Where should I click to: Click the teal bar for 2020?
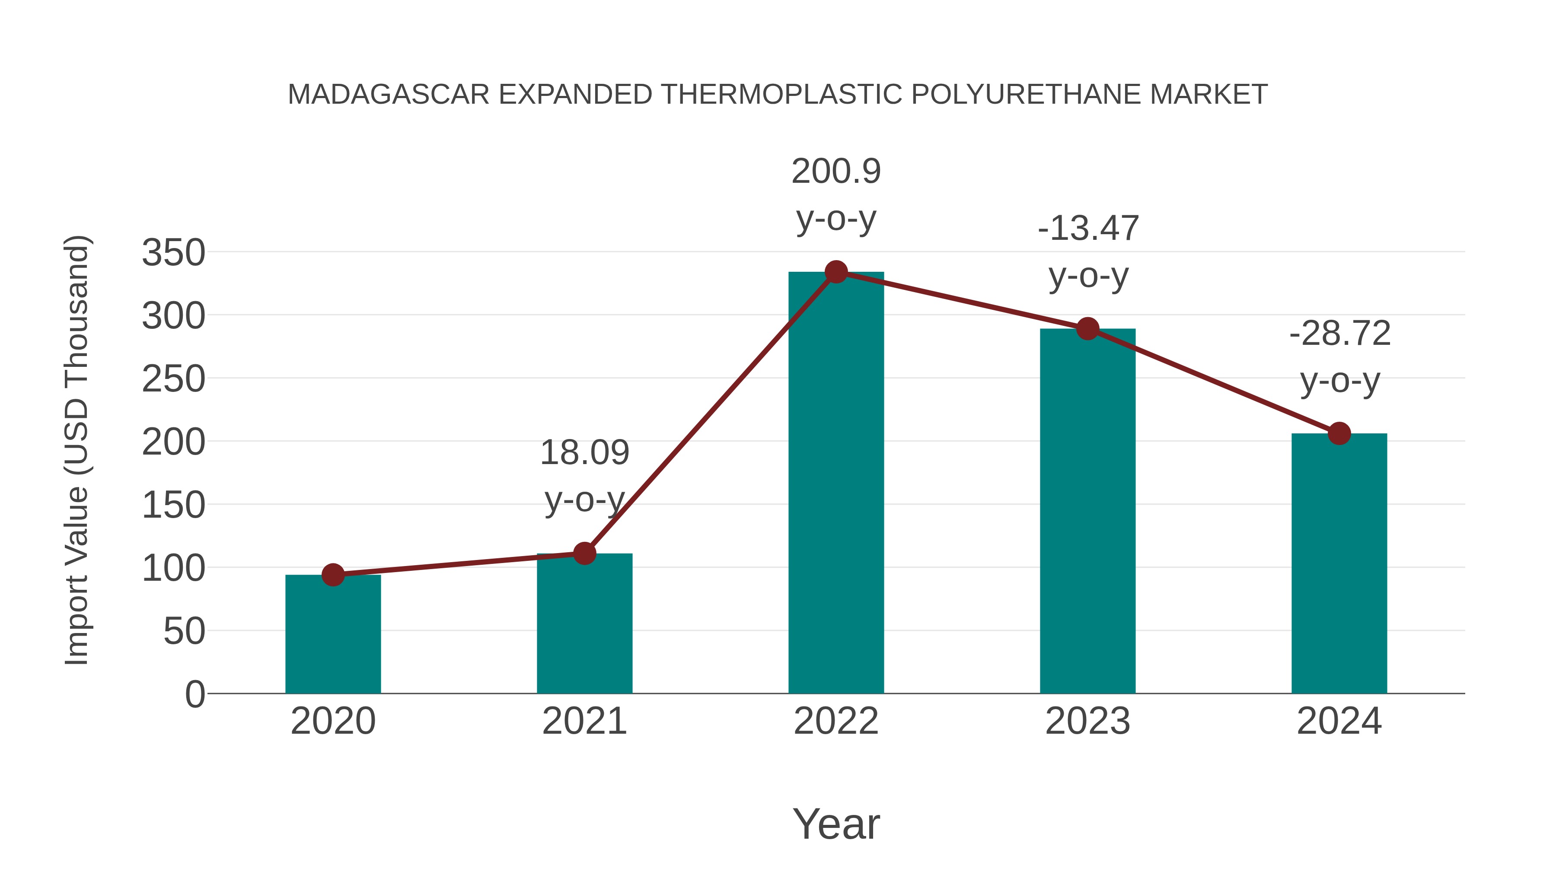(333, 634)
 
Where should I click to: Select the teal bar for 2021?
(584, 623)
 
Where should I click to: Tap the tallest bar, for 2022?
(836, 483)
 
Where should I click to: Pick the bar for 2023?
(1087, 511)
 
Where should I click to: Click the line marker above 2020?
(333, 575)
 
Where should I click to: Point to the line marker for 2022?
(836, 272)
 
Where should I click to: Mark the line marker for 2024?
(1339, 433)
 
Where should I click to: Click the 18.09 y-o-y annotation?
(584, 476)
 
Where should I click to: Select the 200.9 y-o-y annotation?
(836, 194)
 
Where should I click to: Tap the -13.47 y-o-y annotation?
(1088, 252)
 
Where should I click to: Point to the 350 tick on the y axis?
(173, 252)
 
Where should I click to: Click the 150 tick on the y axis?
(173, 505)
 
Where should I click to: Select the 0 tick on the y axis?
(194, 694)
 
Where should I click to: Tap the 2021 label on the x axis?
(584, 721)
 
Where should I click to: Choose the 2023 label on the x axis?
(1087, 721)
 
